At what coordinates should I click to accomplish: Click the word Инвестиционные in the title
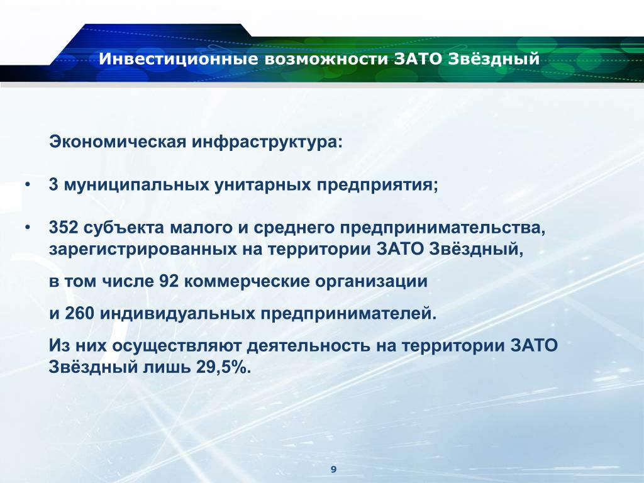point(178,58)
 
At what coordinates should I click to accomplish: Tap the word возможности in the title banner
point(326,58)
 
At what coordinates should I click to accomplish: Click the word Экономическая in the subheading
point(118,142)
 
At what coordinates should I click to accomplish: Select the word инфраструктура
point(267,142)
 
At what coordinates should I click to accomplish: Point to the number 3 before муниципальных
point(53,184)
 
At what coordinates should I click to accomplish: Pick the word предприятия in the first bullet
point(377,185)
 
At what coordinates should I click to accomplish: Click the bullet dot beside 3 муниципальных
point(27,185)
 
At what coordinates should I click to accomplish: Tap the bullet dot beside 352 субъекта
point(27,228)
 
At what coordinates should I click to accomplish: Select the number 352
point(64,227)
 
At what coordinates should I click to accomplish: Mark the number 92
point(169,281)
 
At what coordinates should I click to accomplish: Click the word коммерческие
point(247,281)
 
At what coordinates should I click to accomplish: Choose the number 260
point(80,313)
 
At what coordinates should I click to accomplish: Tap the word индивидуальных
point(177,313)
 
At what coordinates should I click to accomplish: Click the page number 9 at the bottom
point(333,469)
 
